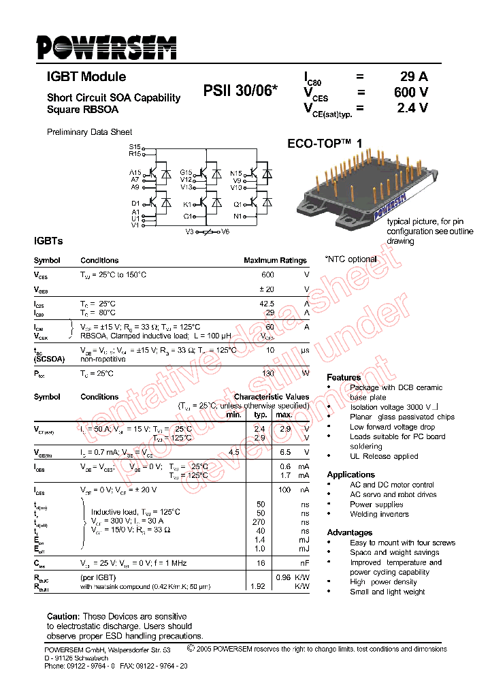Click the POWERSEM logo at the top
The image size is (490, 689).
pos(106,48)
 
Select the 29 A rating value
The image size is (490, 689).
pos(413,77)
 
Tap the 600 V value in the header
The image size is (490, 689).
pos(411,93)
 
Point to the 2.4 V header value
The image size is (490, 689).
pos(412,108)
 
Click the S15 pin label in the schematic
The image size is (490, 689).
pos(134,147)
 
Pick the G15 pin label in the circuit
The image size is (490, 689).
pos(186,173)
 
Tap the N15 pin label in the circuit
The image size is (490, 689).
pos(235,173)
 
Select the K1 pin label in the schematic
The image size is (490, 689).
pos(187,204)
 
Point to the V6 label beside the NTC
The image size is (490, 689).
pos(225,232)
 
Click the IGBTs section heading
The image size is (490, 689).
pos(48,242)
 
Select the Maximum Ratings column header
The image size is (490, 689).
pos(275,260)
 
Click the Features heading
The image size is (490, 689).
pos(344,377)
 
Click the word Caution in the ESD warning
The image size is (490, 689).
pos(63,616)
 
